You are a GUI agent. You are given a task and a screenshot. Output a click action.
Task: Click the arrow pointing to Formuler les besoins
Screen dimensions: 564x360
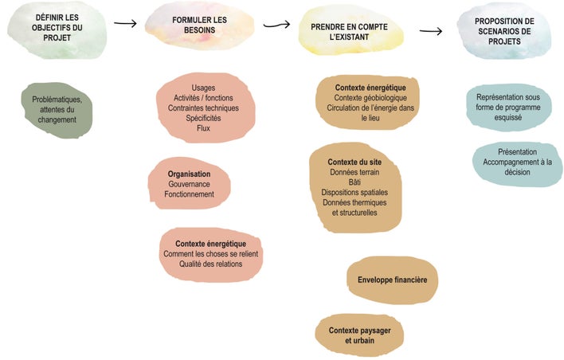point(126,23)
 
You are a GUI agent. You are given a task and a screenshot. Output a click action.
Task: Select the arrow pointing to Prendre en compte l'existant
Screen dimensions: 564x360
point(276,25)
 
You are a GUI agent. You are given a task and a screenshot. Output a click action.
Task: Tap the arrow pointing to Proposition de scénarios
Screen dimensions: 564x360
point(431,31)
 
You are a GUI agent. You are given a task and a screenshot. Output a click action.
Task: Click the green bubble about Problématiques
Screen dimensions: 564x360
point(57,110)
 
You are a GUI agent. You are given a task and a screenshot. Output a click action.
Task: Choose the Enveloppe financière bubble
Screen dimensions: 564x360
point(393,280)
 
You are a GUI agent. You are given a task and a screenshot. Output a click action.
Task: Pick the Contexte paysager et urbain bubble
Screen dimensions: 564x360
point(359,335)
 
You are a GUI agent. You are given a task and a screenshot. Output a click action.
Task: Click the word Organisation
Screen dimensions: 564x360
point(190,174)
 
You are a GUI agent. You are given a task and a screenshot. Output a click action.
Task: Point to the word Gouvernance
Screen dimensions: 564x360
point(190,184)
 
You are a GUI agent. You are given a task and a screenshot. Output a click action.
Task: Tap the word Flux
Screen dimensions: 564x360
point(203,128)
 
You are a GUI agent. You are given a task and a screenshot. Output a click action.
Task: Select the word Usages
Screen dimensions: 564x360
point(203,88)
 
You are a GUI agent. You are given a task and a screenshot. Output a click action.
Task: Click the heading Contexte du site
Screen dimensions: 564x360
point(354,162)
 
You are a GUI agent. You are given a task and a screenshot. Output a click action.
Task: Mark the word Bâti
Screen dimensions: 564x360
point(354,182)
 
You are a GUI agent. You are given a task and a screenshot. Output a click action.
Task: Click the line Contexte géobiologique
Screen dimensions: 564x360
point(370,98)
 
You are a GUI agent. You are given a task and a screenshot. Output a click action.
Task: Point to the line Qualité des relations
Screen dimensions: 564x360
point(211,264)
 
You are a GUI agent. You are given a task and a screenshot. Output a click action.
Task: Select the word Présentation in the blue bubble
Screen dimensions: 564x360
point(517,152)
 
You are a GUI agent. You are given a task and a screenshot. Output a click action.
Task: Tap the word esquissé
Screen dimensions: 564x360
point(508,117)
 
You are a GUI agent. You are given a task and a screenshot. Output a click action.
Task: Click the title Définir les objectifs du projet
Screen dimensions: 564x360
point(57,27)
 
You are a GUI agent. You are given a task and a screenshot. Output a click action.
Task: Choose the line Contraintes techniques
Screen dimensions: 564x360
point(203,108)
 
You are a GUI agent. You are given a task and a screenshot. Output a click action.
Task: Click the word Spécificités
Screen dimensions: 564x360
point(203,118)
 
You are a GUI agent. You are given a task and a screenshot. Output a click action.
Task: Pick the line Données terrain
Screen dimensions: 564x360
point(354,172)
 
